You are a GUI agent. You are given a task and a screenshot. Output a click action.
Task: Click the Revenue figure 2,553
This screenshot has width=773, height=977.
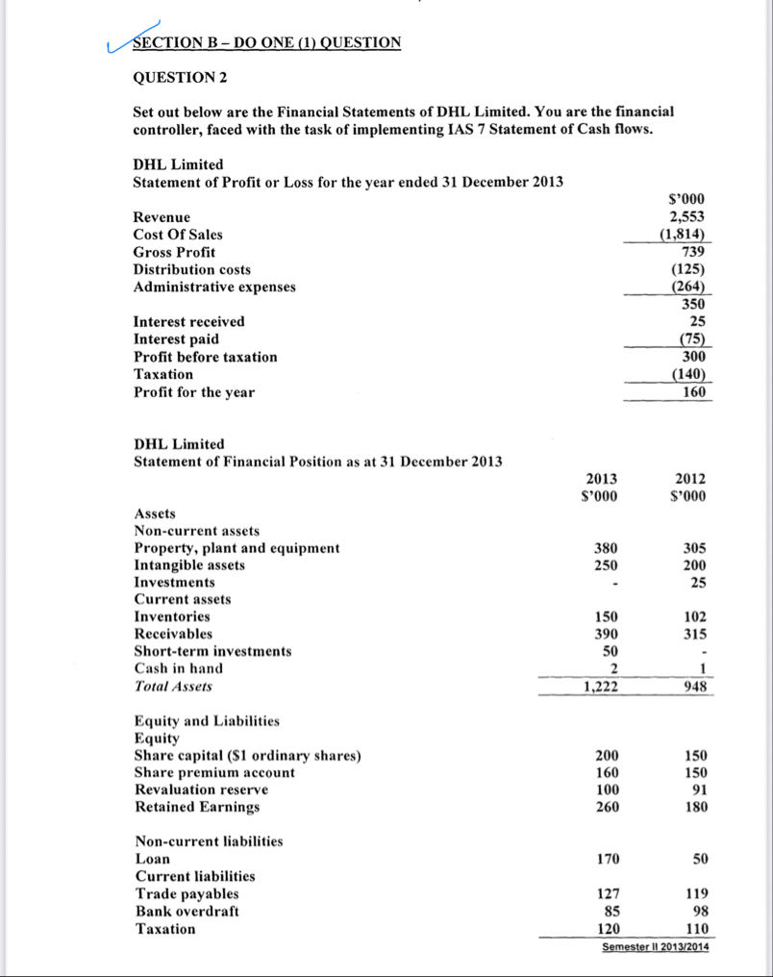(687, 217)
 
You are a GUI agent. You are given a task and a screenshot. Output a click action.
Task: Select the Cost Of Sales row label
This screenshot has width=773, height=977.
(177, 235)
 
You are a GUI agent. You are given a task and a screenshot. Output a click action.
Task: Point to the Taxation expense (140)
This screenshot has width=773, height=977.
(689, 374)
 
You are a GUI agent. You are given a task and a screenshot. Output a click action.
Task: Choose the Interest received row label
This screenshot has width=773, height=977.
(188, 321)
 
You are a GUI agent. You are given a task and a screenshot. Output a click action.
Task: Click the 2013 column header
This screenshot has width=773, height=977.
(602, 480)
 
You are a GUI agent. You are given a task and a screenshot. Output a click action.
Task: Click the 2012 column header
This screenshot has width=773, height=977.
(690, 480)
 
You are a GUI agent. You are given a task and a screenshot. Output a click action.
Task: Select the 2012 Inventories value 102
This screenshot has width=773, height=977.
(694, 617)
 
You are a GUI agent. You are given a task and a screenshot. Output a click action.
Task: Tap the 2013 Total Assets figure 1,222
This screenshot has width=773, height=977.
(600, 687)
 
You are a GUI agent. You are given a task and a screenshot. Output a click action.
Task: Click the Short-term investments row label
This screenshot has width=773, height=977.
(212, 651)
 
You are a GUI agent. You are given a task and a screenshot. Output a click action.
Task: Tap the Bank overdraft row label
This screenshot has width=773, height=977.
(187, 911)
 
